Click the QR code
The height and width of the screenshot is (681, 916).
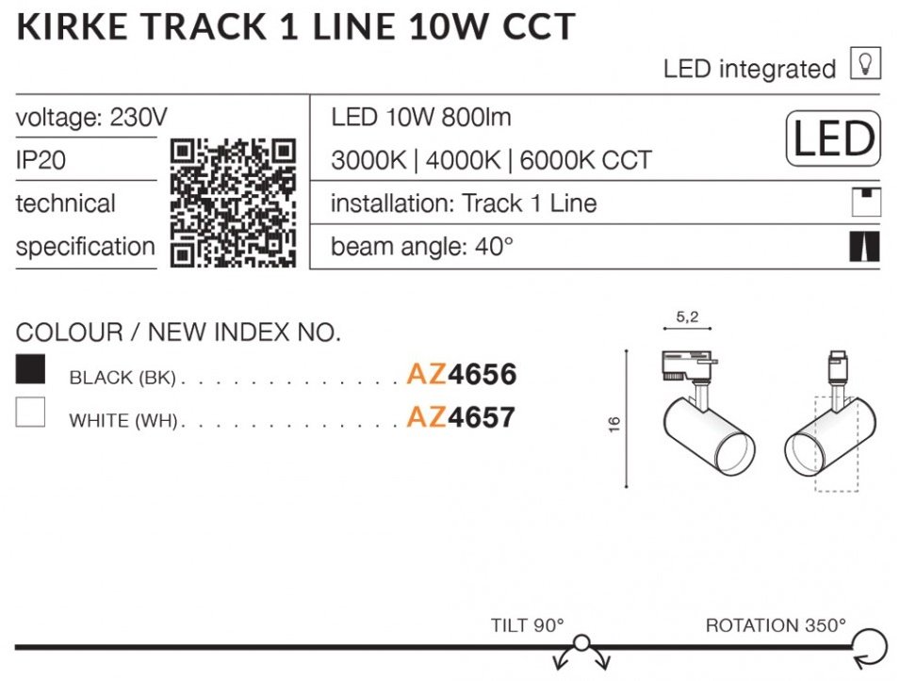[x=233, y=203]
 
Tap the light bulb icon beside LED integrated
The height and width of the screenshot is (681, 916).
[x=865, y=63]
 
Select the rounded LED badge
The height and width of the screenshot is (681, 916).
[x=833, y=138]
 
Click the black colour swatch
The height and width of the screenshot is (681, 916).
[x=30, y=369]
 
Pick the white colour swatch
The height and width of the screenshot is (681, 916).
[x=30, y=413]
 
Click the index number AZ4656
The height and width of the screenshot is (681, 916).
[x=462, y=374]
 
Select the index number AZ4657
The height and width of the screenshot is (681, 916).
[x=461, y=417]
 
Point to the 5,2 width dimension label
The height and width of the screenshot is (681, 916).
[x=687, y=316]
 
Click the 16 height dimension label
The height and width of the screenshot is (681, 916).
[x=613, y=425]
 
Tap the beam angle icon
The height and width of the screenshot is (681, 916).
[x=864, y=247]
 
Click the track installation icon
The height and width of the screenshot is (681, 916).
[x=866, y=203]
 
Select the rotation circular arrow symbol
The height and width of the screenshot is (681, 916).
[x=870, y=648]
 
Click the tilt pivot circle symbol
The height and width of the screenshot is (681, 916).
[x=581, y=643]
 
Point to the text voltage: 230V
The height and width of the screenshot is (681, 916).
[x=91, y=118]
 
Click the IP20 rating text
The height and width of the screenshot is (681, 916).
[x=41, y=160]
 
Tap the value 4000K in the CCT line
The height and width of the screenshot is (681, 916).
[x=463, y=160]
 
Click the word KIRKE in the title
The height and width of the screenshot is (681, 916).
[x=73, y=27]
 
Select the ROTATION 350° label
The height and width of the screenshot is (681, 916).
[x=776, y=625]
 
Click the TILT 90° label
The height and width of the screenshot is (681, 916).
[x=528, y=625]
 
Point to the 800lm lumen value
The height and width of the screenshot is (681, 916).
[x=476, y=118]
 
